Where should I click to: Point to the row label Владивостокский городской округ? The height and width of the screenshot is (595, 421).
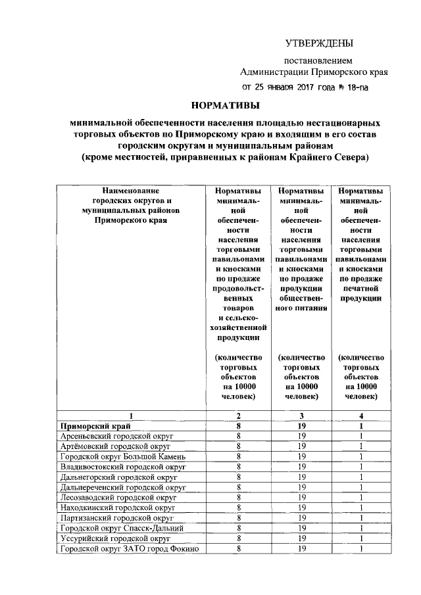click(124, 466)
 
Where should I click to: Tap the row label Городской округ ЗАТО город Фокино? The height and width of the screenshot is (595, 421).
click(129, 548)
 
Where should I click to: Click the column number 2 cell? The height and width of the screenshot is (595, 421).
click(238, 416)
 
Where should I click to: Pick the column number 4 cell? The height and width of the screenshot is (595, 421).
click(361, 416)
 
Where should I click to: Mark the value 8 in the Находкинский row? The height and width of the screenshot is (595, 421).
click(238, 508)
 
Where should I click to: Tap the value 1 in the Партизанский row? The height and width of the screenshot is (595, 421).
click(361, 517)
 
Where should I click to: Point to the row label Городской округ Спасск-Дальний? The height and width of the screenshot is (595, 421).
click(122, 528)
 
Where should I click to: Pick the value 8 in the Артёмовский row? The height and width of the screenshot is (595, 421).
click(238, 446)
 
